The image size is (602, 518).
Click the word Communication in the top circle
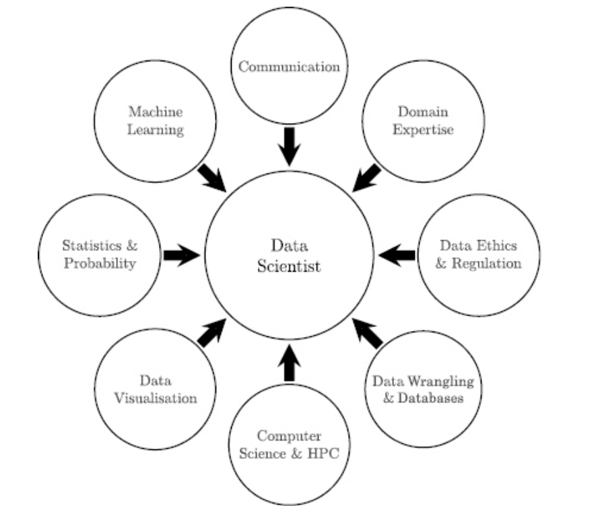click(289, 67)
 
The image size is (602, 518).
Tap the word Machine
click(156, 112)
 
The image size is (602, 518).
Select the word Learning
click(156, 129)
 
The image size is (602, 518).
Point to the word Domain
click(423, 112)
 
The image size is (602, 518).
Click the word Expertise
click(423, 129)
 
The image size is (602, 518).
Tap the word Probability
click(100, 263)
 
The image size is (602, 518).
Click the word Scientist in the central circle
click(290, 266)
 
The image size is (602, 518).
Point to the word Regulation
click(486, 263)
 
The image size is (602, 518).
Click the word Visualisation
click(156, 398)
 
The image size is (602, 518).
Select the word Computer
click(289, 436)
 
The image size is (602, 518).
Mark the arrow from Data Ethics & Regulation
click(397, 255)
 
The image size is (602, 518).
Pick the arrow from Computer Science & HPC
click(289, 363)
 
